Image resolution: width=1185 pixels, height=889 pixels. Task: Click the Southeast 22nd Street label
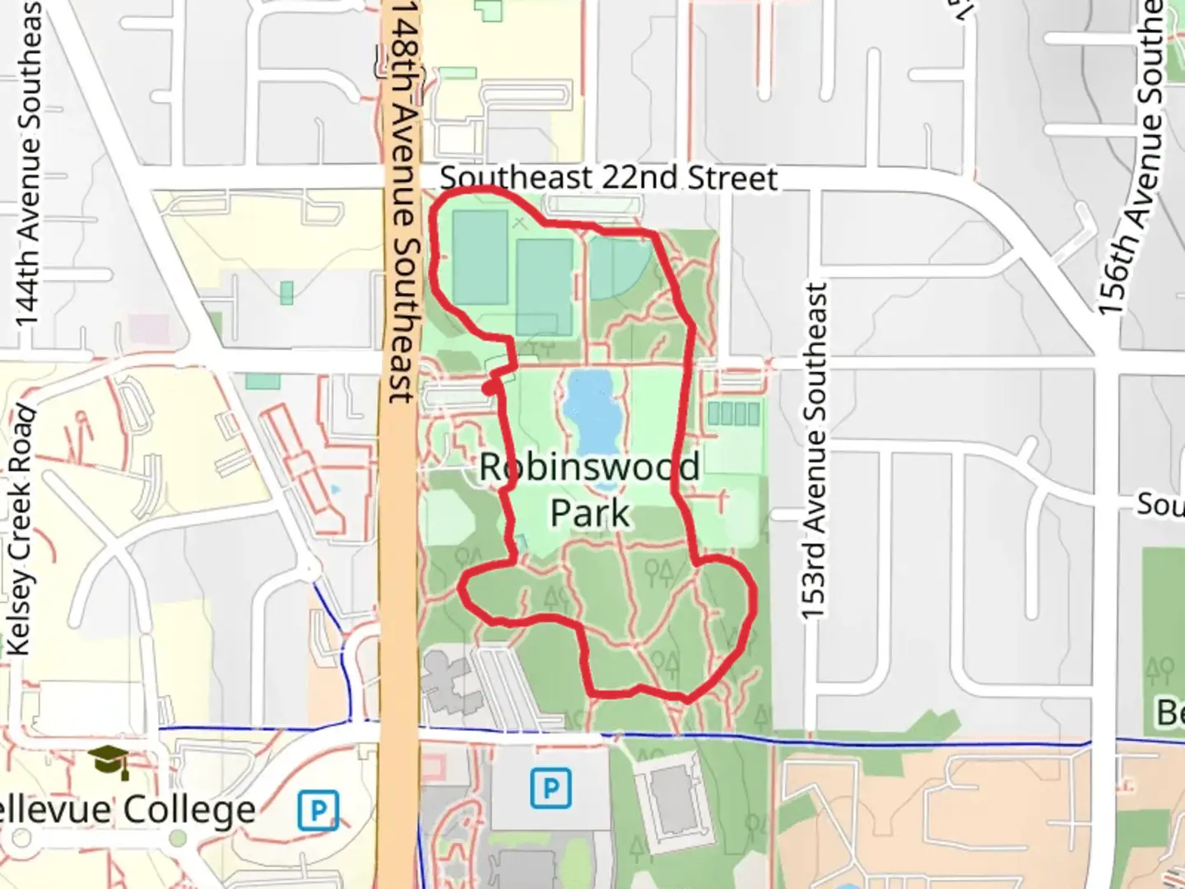tap(608, 178)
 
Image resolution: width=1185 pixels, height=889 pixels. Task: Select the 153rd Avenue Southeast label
tap(814, 451)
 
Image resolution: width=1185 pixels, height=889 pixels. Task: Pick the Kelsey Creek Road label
tap(21, 531)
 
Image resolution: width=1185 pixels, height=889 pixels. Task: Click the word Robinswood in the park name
tap(589, 468)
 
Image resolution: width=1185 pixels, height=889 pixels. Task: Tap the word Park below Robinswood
tap(589, 513)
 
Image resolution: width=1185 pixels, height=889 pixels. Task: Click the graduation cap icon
tap(109, 761)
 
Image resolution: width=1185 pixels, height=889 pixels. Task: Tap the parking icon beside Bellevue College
tap(318, 811)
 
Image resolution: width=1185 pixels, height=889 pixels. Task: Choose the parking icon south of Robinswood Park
tap(551, 789)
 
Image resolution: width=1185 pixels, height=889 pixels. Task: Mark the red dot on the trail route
tap(490, 388)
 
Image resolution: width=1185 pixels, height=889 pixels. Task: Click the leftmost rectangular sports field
tap(481, 256)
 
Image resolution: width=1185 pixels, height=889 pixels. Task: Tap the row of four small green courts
tap(733, 412)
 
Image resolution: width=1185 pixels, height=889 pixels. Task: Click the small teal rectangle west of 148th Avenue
tap(286, 292)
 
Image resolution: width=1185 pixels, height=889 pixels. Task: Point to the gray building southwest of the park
tap(449, 682)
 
